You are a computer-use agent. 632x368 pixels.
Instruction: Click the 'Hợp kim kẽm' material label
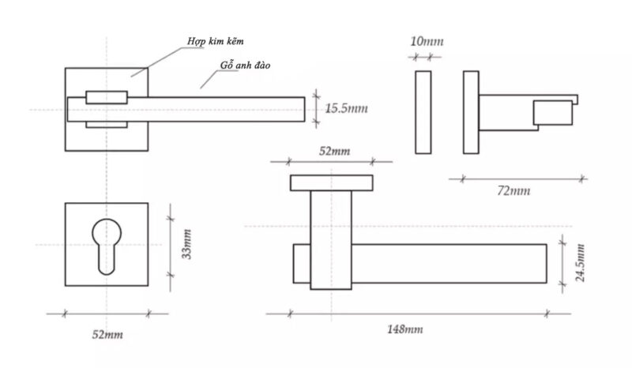215,41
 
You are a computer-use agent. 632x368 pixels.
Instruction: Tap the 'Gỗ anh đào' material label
245,66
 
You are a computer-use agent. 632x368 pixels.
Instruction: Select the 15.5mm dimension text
346,108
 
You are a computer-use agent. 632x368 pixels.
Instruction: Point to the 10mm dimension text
427,41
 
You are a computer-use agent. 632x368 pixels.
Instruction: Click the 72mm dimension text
513,190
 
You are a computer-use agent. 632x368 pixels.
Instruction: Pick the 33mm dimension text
186,244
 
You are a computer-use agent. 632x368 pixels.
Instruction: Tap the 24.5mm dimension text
580,263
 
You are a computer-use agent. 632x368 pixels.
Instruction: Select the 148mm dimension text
405,329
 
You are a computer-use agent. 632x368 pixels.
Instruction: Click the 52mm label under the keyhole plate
107,334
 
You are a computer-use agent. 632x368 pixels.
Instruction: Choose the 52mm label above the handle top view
334,151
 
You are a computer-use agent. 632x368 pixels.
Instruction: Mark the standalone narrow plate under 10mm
423,112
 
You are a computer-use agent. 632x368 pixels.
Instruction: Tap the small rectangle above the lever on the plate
107,97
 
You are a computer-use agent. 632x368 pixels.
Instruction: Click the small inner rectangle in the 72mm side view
553,112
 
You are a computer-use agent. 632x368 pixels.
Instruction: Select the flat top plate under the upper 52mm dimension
331,183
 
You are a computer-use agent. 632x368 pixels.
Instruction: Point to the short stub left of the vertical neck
302,264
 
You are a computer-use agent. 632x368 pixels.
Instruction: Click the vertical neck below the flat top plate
331,240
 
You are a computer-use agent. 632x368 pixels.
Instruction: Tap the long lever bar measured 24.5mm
449,264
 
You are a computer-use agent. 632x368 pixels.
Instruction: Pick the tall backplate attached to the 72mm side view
471,112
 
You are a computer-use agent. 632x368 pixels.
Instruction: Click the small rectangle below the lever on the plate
107,125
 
